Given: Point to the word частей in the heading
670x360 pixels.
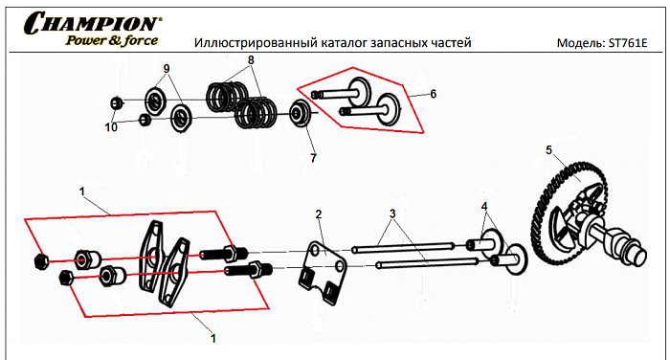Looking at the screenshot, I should click(x=449, y=44).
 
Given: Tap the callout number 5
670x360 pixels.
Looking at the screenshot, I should click(x=549, y=150).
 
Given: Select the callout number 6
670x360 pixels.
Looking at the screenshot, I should click(x=433, y=94).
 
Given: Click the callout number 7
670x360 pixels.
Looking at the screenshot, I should click(x=312, y=156).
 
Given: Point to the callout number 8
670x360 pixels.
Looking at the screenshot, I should click(x=252, y=59).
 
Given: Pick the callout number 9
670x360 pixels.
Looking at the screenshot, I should click(x=166, y=69).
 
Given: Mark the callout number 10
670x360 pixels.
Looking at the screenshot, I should click(x=111, y=127).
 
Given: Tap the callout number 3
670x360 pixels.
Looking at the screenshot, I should click(x=391, y=212).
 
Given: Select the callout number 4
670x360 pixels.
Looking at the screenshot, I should click(x=485, y=206).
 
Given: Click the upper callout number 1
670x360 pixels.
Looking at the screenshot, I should click(x=82, y=191).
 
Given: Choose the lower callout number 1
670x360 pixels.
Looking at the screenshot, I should click(x=212, y=338).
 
